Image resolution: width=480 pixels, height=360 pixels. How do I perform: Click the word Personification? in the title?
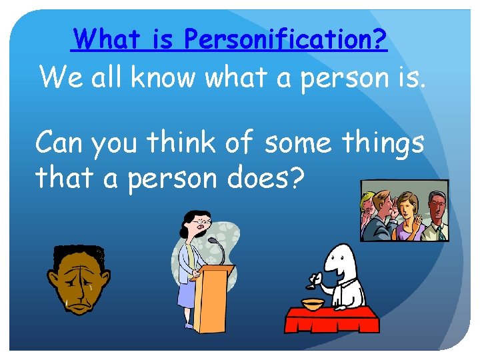coord(285,39)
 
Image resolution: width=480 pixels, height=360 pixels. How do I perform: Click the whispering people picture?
coord(404,211)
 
